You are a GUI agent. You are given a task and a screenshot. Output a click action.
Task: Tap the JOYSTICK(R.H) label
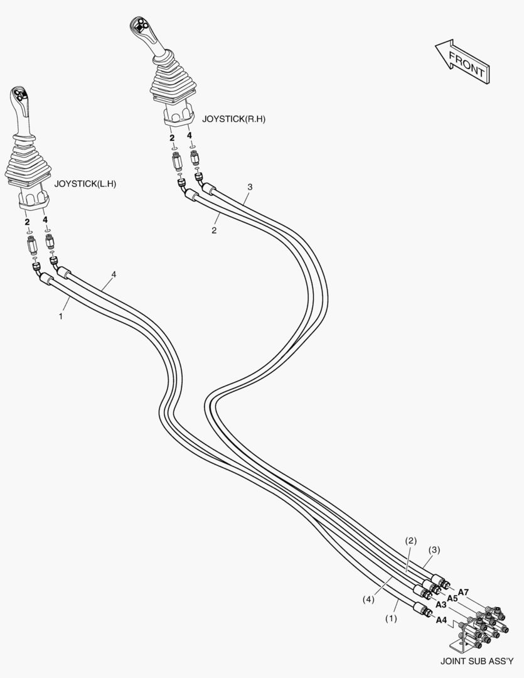[234, 119]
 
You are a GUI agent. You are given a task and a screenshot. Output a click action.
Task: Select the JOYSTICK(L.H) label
[85, 184]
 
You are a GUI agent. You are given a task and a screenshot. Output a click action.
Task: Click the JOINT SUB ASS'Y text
[477, 661]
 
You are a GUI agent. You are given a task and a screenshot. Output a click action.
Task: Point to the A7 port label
[463, 592]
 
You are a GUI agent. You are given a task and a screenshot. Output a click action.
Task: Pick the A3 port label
[441, 606]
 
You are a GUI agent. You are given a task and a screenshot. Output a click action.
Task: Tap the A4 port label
[441, 620]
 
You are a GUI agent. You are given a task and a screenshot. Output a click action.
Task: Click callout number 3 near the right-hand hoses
[250, 187]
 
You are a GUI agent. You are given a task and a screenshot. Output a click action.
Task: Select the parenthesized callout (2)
[410, 541]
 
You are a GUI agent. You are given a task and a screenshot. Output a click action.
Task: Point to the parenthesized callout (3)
[434, 550]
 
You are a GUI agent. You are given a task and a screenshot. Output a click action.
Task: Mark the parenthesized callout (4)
[368, 600]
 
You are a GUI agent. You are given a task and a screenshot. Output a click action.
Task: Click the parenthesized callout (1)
[392, 618]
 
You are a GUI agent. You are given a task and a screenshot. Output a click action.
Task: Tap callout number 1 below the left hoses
[61, 317]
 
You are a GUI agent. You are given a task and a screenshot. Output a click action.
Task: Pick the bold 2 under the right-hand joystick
[171, 137]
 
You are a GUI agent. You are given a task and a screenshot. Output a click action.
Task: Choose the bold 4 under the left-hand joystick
[45, 221]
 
